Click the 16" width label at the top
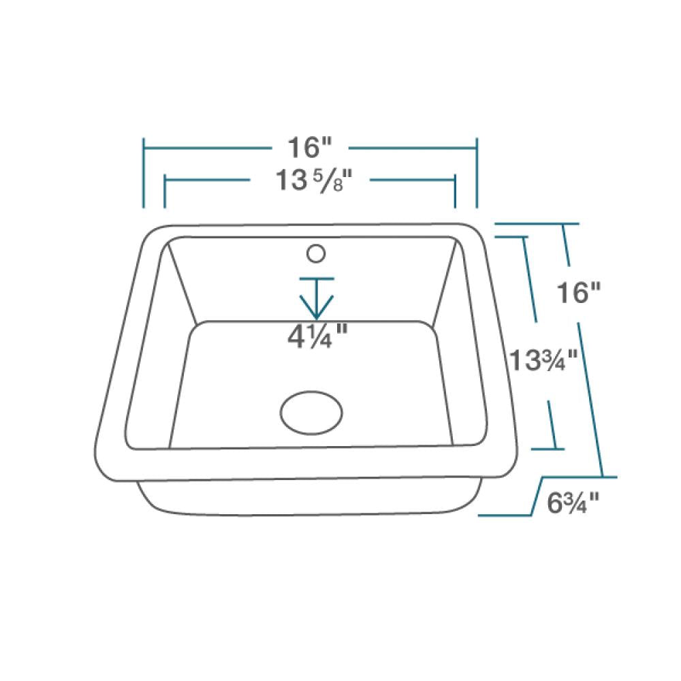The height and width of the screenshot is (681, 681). coord(310,146)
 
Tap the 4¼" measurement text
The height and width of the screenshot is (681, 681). coord(317,335)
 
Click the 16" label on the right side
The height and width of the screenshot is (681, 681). coord(579,293)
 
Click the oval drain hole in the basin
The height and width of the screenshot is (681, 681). coord(311,411)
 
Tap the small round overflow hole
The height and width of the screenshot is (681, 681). coord(315,253)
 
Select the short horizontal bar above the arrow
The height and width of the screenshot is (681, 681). coord(316,279)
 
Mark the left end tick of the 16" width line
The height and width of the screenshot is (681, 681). coord(144,173)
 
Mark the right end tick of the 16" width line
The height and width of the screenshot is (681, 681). coord(477,173)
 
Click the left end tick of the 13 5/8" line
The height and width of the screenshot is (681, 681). coord(165,192)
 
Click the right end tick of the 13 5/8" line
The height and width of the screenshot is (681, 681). coord(455,192)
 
